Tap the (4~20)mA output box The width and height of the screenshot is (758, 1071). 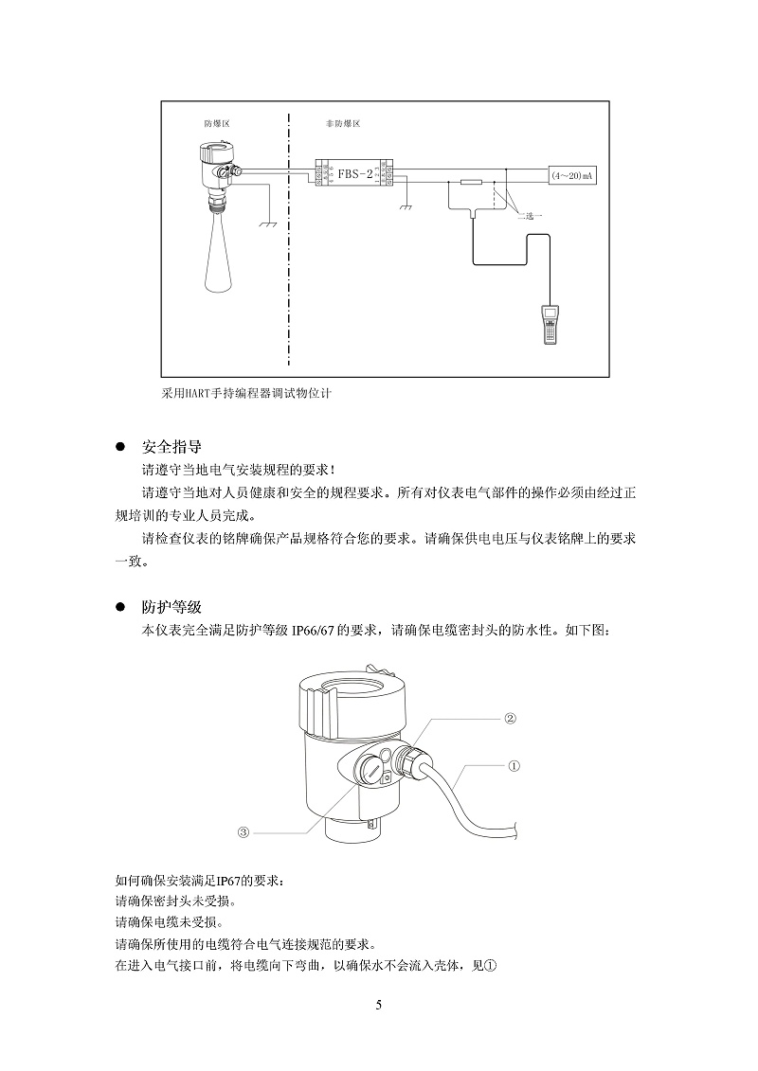[571, 175]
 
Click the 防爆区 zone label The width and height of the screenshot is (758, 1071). [217, 124]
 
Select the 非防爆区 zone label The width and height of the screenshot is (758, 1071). [342, 124]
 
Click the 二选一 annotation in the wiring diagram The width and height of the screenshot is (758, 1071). [530, 216]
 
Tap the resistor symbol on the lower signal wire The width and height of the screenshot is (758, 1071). [470, 182]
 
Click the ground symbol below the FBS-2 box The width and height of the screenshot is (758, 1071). [406, 205]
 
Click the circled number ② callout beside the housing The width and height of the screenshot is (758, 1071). [509, 719]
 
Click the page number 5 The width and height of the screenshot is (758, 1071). [379, 1005]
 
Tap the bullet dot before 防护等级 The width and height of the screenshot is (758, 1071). [119, 607]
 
